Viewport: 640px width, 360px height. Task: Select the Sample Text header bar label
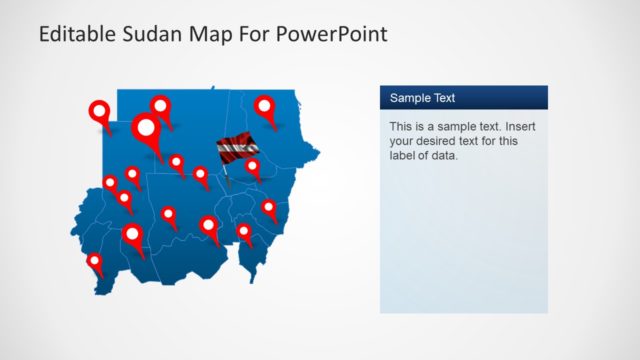click(x=422, y=98)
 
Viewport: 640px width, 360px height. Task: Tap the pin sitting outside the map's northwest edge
click(x=100, y=111)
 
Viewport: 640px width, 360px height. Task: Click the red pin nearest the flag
click(x=252, y=166)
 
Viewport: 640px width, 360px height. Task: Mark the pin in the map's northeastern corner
click(x=264, y=105)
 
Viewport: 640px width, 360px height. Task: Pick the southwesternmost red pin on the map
click(x=95, y=262)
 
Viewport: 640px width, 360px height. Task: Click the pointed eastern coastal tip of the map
click(x=318, y=153)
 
